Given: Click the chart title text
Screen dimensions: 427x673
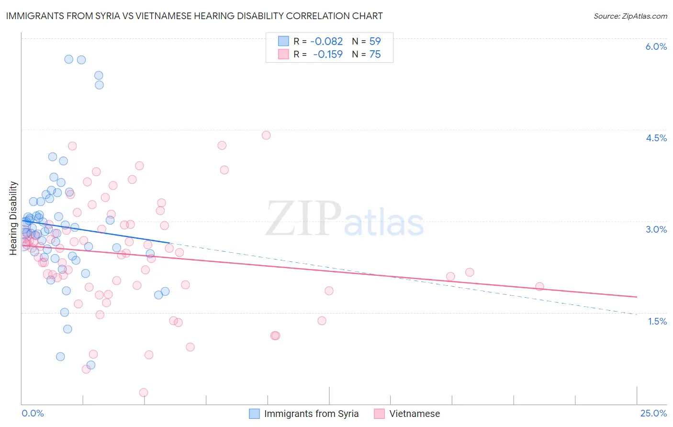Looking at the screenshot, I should (x=194, y=16).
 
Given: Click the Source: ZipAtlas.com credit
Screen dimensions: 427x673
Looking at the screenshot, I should (x=630, y=16).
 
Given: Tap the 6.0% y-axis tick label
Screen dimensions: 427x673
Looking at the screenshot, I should (x=656, y=46).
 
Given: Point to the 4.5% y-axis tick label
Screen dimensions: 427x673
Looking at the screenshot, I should (x=656, y=138).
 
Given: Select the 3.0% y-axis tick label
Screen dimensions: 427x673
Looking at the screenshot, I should (x=656, y=229).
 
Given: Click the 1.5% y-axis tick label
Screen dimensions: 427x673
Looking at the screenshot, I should (x=657, y=321).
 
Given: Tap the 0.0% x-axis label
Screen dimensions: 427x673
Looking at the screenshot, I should (x=33, y=414).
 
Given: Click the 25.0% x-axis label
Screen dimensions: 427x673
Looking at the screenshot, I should (x=653, y=414).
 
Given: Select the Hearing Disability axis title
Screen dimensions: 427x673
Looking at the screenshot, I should (x=13, y=218).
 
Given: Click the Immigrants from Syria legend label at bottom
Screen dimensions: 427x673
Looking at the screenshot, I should (x=311, y=414).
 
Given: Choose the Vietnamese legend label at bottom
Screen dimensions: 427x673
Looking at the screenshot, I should (x=415, y=414).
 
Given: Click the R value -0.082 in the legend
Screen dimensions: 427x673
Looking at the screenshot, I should (x=327, y=42).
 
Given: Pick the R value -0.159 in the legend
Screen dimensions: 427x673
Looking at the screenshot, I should (x=328, y=55).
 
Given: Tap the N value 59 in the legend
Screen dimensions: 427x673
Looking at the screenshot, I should (x=375, y=42).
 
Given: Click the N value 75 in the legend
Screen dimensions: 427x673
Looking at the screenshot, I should (x=375, y=55).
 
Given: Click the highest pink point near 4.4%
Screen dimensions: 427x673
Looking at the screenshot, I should (x=266, y=135).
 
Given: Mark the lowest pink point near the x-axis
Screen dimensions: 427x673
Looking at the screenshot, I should (x=143, y=393).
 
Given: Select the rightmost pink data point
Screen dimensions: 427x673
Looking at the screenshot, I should (x=539, y=286).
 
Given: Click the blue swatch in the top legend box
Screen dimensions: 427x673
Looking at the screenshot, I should (x=283, y=41).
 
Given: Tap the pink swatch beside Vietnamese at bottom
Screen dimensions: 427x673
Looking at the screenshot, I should (x=379, y=414).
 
